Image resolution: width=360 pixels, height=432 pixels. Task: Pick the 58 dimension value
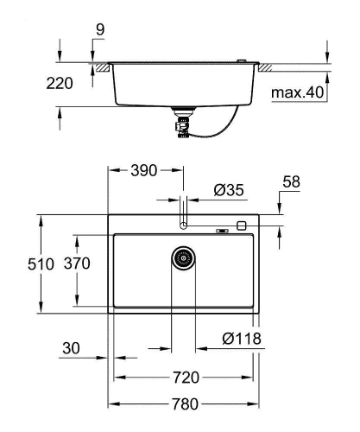[x=293, y=182]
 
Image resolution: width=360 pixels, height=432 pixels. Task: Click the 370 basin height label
[x=79, y=264]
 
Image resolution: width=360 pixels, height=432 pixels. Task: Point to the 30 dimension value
[x=73, y=349]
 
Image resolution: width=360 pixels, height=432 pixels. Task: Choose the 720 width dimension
[x=186, y=378]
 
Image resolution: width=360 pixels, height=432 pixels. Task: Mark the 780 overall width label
[x=186, y=403]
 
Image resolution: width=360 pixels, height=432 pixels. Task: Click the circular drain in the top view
[x=183, y=257]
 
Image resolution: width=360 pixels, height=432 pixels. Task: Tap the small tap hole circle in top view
[x=183, y=225]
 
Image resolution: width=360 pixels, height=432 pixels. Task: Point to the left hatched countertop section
[x=102, y=66]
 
